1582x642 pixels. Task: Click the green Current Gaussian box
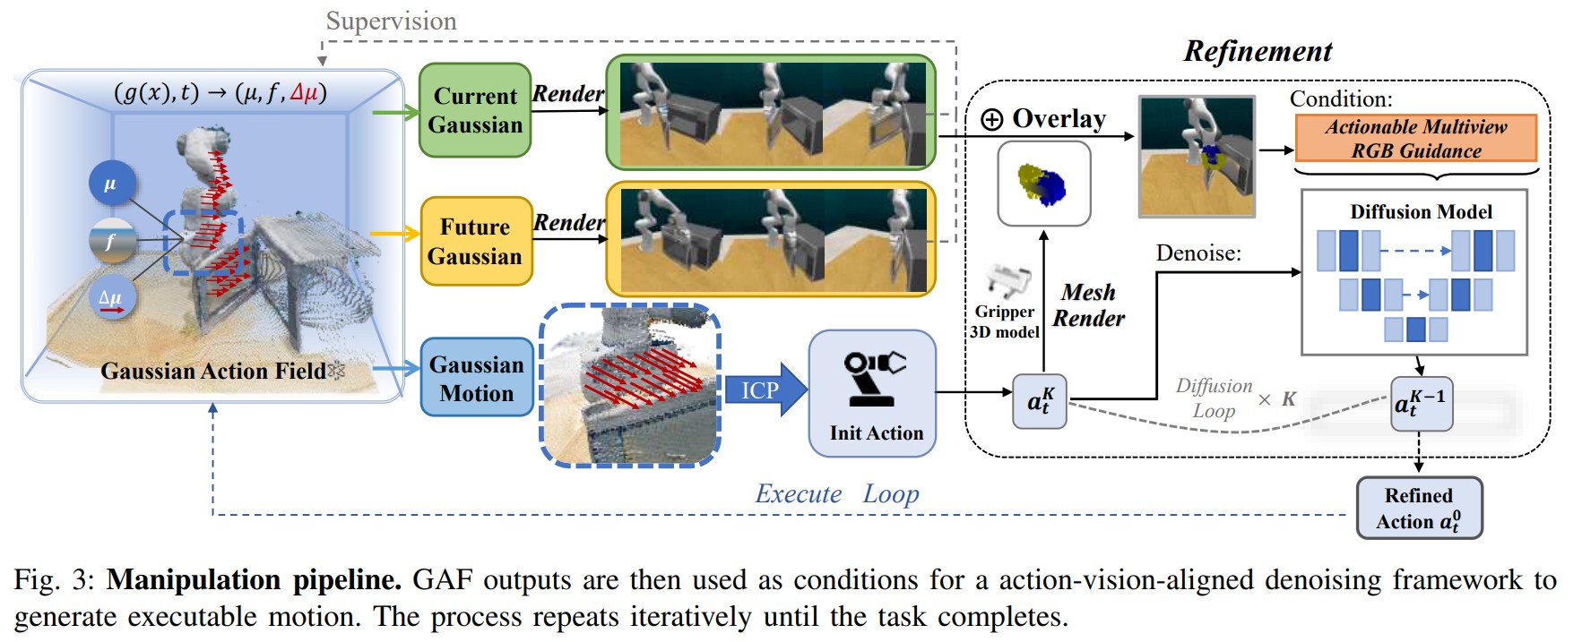475,110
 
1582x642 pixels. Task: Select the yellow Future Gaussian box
475,241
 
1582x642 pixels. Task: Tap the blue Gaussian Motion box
476,378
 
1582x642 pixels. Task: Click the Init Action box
872,394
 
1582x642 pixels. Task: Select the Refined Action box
1419,509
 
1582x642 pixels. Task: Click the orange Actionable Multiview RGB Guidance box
1416,139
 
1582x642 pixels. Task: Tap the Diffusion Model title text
1421,212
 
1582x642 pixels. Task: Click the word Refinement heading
1258,51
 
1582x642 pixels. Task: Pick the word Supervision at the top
391,21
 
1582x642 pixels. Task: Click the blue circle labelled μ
111,184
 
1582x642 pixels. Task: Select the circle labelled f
111,241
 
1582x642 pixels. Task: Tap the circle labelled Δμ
111,298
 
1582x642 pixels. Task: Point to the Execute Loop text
837,494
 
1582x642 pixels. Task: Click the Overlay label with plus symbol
1043,119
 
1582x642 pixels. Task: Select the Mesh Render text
1088,305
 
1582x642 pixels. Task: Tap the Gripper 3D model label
1005,321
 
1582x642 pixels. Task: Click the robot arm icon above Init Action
874,375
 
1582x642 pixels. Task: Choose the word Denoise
1198,253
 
